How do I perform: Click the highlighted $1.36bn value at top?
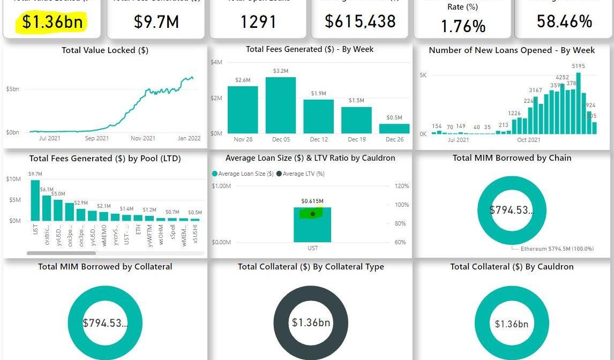(x=53, y=22)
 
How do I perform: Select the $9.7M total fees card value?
(x=156, y=22)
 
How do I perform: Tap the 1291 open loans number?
(x=258, y=22)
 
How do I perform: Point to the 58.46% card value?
(x=564, y=21)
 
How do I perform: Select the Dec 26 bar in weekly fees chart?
(x=394, y=129)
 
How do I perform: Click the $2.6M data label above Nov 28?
(x=243, y=80)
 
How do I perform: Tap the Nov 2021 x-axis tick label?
(x=143, y=138)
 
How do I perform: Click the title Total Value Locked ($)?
(x=105, y=50)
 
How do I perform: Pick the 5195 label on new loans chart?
(x=578, y=66)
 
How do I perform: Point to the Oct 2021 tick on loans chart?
(x=529, y=140)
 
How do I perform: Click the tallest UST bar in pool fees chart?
(x=35, y=200)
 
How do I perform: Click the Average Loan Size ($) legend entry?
(x=243, y=174)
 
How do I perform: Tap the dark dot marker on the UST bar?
(x=313, y=214)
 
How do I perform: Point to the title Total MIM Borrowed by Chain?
(x=512, y=158)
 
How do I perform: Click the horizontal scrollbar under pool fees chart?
(x=61, y=253)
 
